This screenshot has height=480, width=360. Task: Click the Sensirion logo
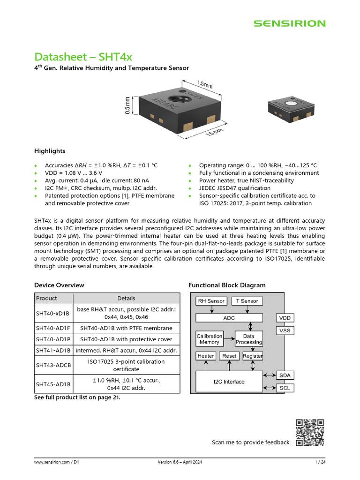click(289, 23)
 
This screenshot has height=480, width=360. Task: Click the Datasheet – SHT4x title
click(83, 57)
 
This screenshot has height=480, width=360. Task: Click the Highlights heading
click(50, 151)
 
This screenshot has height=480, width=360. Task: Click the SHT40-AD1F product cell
click(53, 328)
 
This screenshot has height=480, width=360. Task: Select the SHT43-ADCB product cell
click(53, 365)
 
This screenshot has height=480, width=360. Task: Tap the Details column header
click(126, 298)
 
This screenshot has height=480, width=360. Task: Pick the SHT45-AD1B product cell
click(53, 384)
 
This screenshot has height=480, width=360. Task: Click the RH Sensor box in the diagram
click(211, 301)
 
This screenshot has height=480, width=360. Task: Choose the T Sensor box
click(247, 301)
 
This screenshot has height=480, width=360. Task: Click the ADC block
click(229, 318)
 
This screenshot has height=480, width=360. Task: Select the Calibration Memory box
click(209, 339)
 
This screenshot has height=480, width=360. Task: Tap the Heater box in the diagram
click(206, 356)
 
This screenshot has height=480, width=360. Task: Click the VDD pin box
click(285, 318)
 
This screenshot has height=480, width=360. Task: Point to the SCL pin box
click(285, 388)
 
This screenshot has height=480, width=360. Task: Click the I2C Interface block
click(229, 382)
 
